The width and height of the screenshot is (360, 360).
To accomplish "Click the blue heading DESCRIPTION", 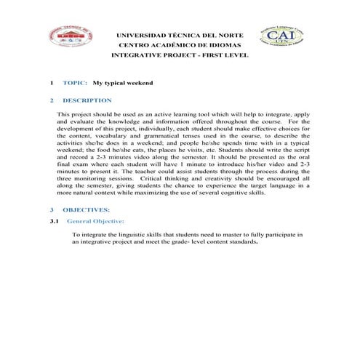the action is (x=87, y=100).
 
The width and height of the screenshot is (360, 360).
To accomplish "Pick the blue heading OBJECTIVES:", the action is (x=86, y=209).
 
